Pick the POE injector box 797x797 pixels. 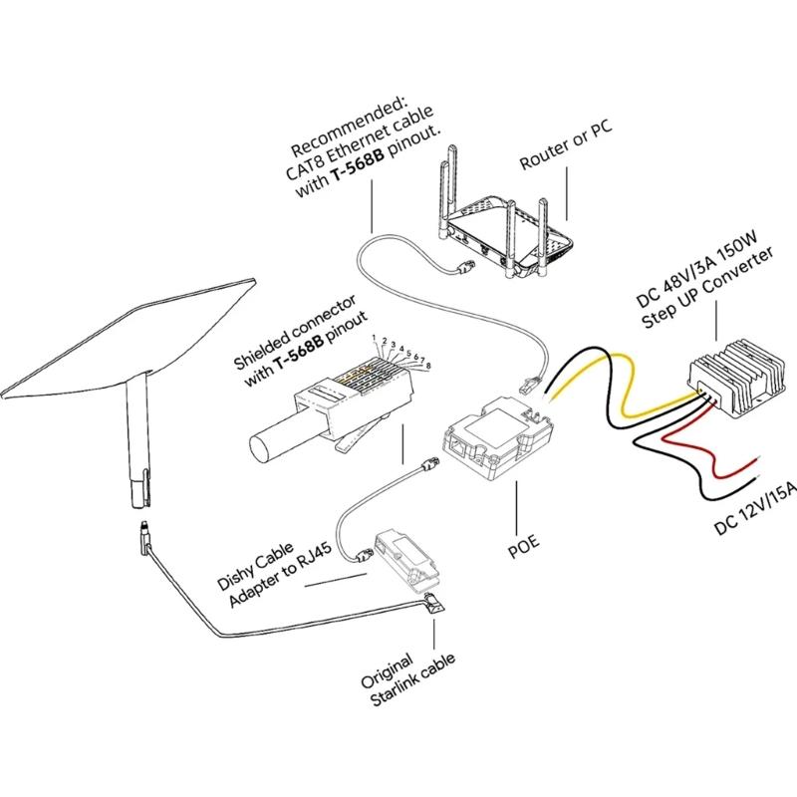click(x=493, y=438)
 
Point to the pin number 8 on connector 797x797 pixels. click(x=429, y=367)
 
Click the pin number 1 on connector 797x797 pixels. click(x=374, y=338)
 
